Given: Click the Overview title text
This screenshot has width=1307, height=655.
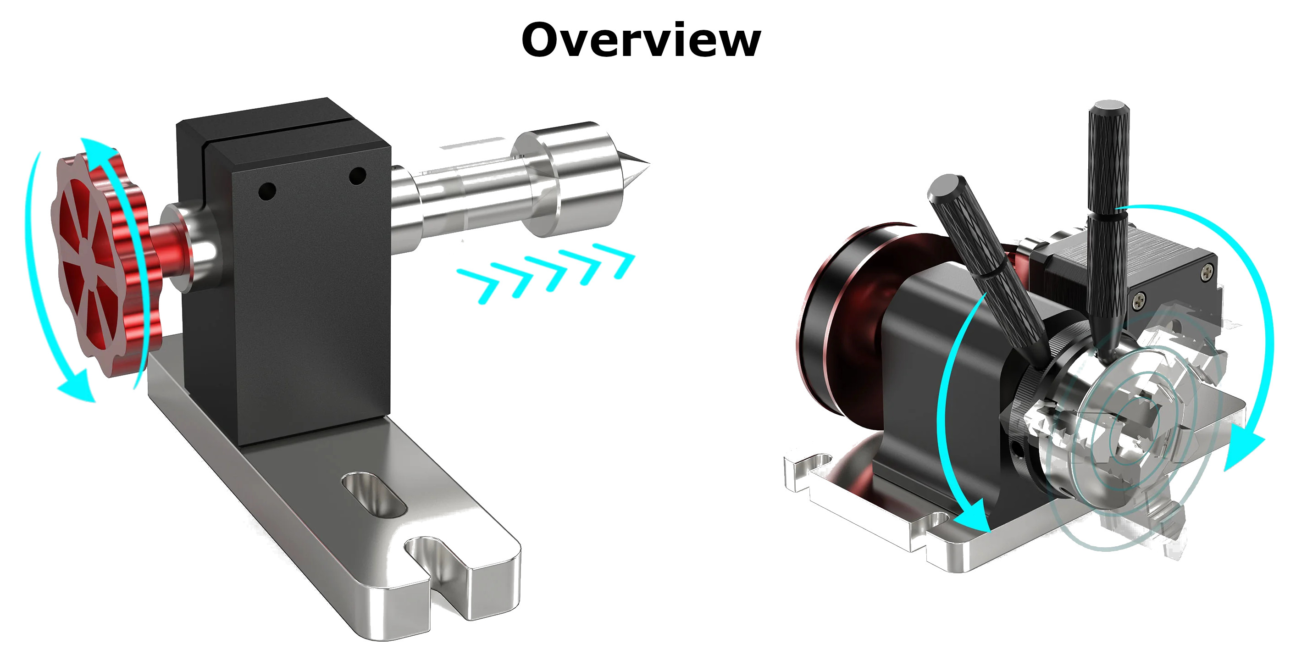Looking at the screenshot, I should (641, 39).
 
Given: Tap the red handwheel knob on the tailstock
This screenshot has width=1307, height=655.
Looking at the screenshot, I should (94, 264).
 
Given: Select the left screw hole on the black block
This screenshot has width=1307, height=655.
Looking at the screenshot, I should (267, 192).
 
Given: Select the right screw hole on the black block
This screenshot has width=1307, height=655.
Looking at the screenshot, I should (358, 176).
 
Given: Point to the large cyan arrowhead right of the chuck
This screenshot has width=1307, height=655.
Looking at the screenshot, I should (1243, 446).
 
